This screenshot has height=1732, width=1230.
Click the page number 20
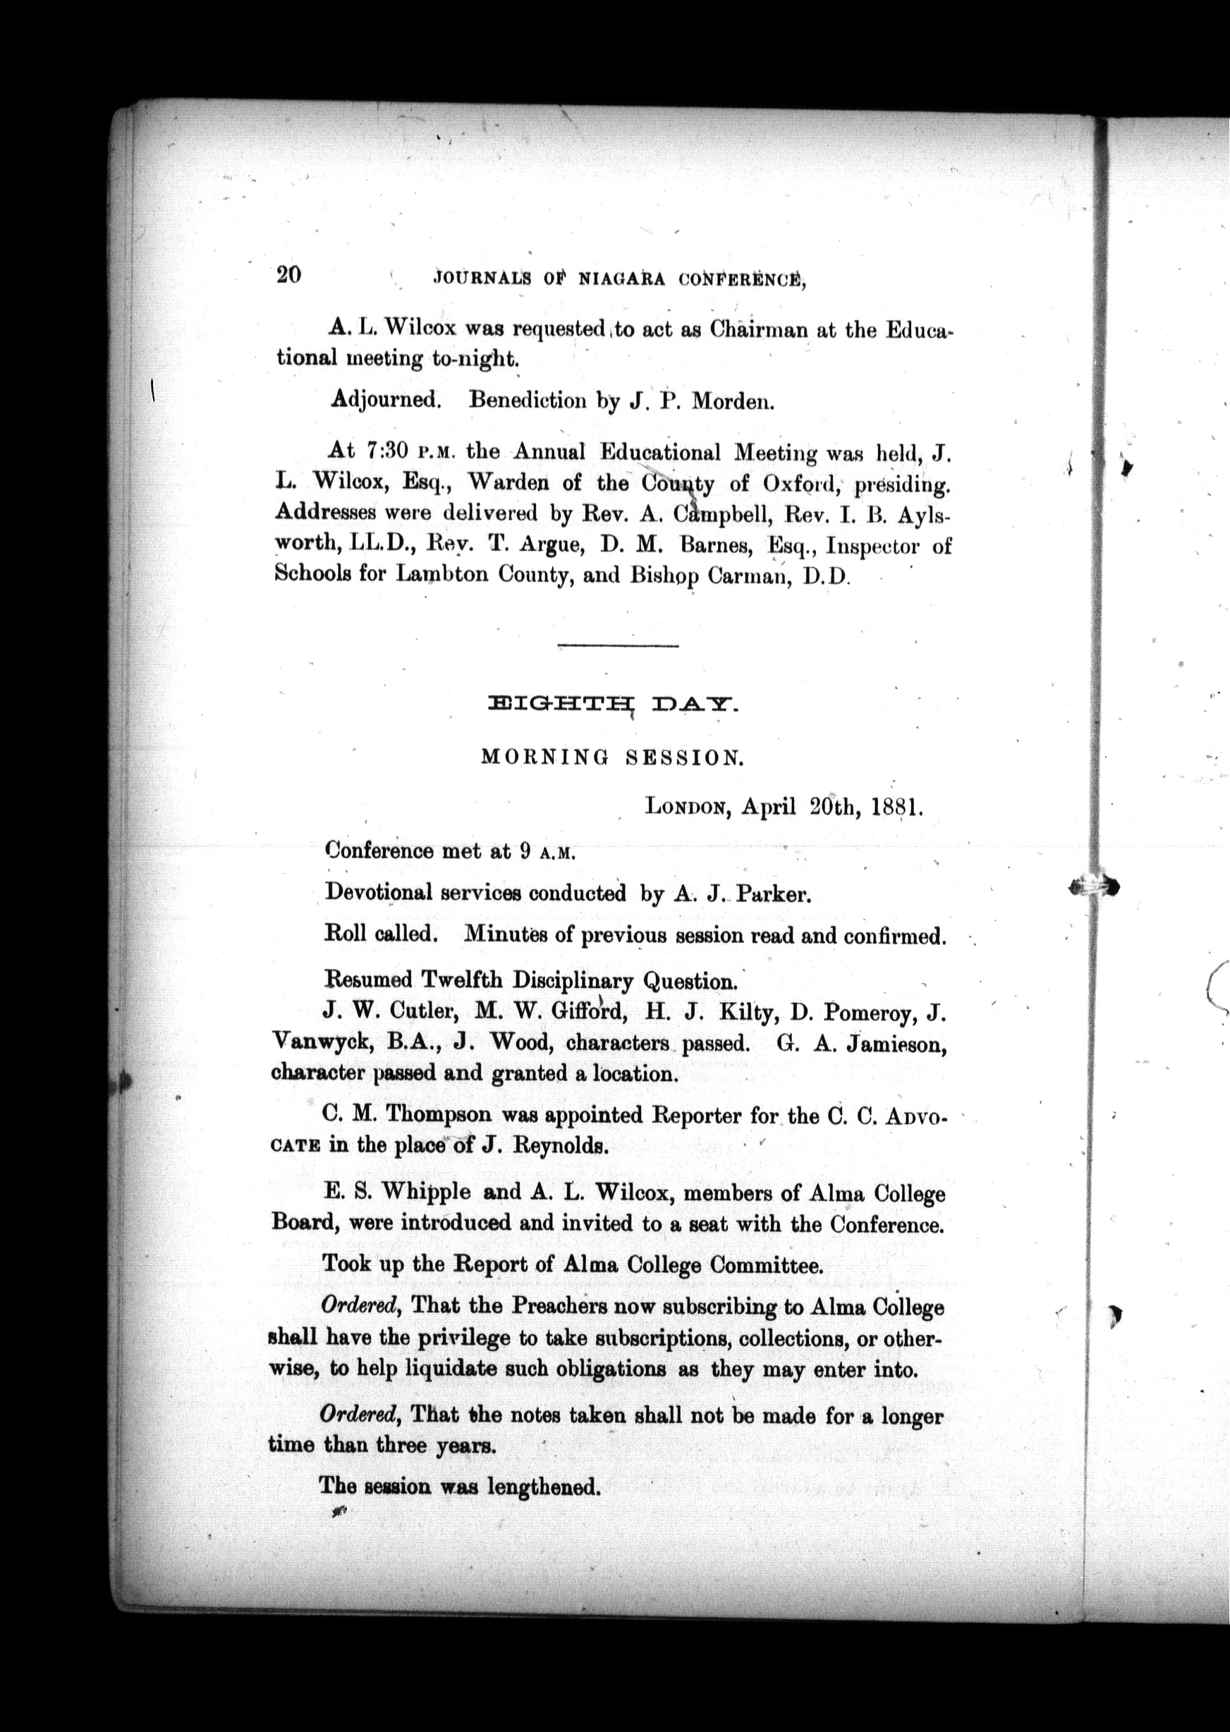[288, 274]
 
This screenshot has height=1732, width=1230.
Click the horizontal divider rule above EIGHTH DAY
[618, 645]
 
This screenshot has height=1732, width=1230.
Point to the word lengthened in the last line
[544, 1487]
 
